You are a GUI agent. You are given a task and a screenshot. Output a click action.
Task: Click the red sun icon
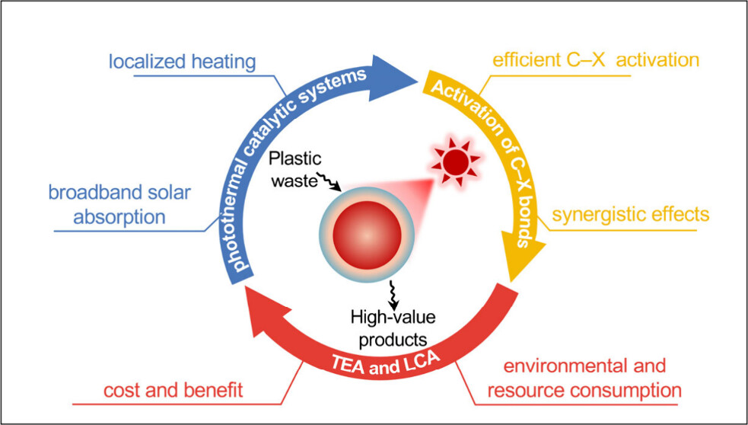456,161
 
